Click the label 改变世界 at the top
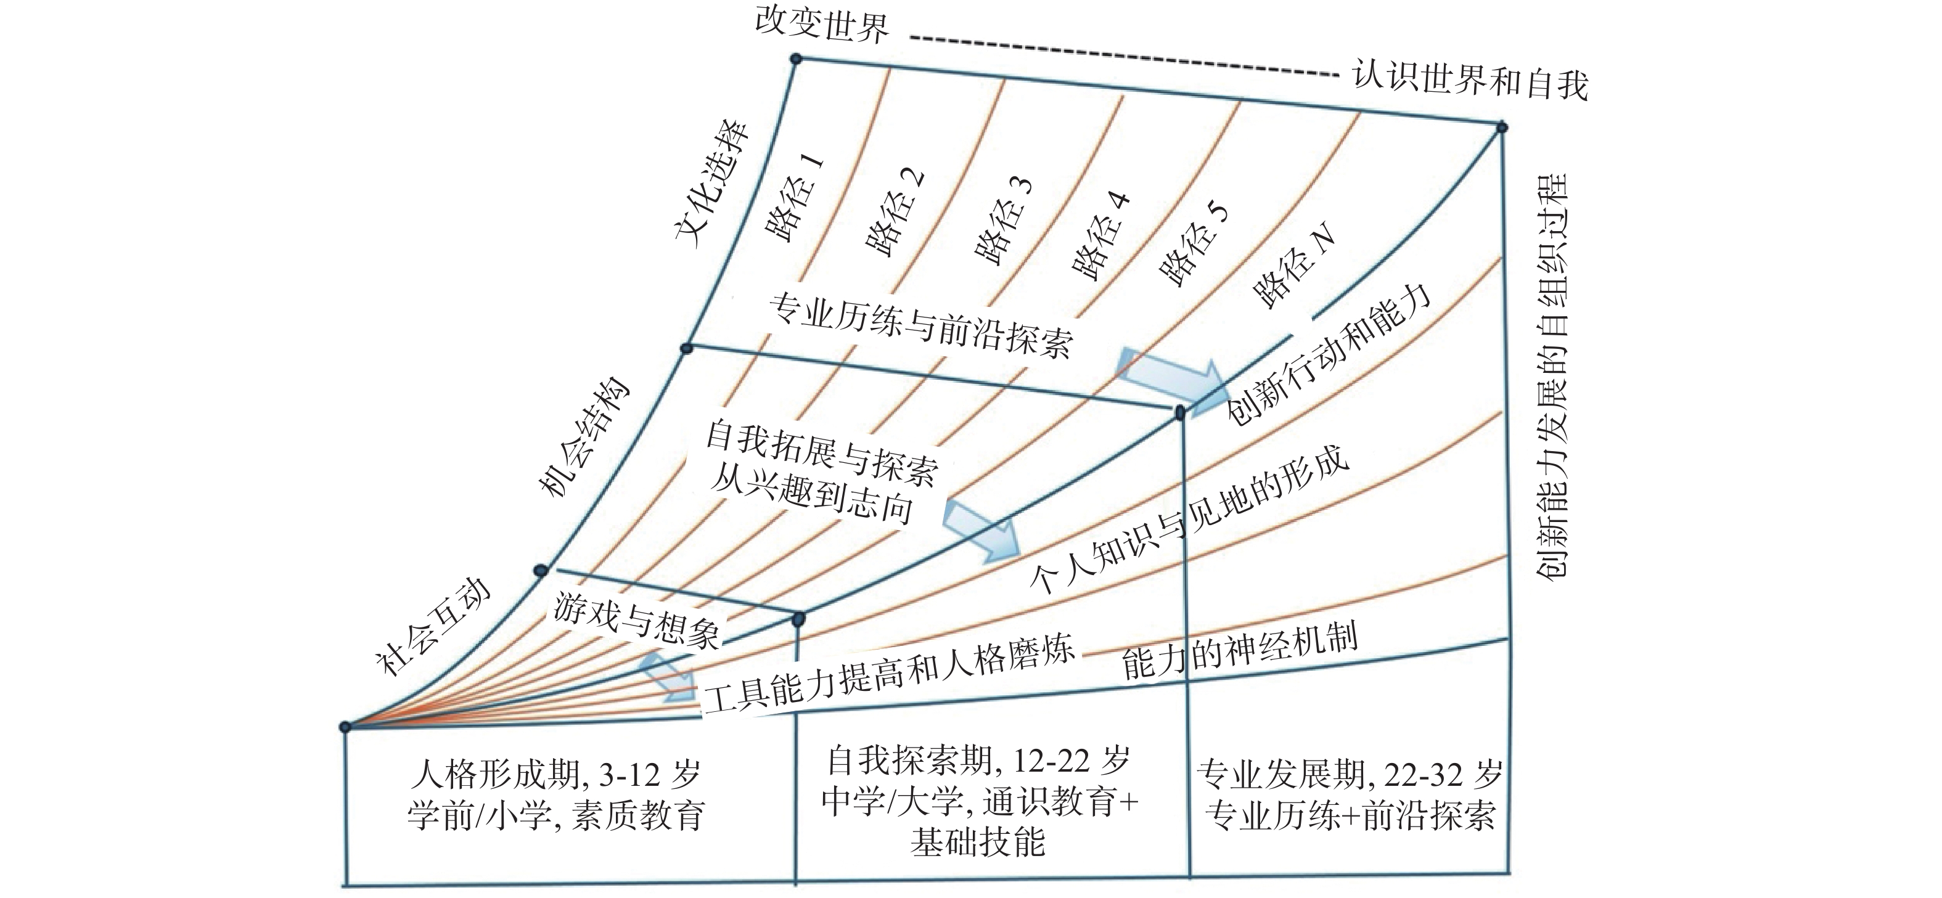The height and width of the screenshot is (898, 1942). tap(822, 26)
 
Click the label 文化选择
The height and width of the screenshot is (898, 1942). tap(713, 184)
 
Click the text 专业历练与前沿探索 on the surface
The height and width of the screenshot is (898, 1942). tap(920, 326)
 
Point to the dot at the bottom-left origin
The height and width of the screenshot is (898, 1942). tap(345, 727)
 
